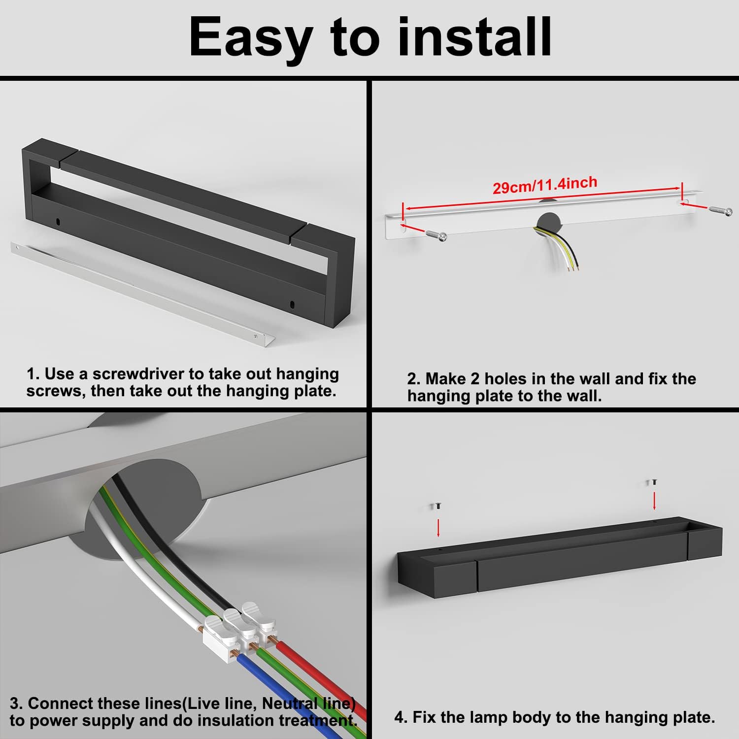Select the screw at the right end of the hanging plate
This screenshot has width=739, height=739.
(721, 210)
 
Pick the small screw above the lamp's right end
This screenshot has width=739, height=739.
(654, 482)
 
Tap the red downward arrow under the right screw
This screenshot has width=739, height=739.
(654, 500)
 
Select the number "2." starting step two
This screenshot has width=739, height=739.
(414, 379)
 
